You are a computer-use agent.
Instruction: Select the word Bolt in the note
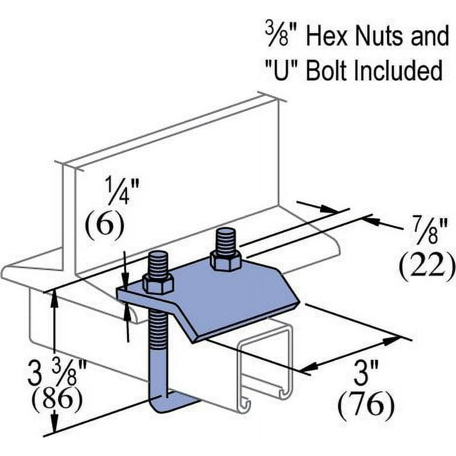pyautogui.click(x=321, y=71)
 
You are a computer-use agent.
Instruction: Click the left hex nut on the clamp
pyautogui.click(x=159, y=286)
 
